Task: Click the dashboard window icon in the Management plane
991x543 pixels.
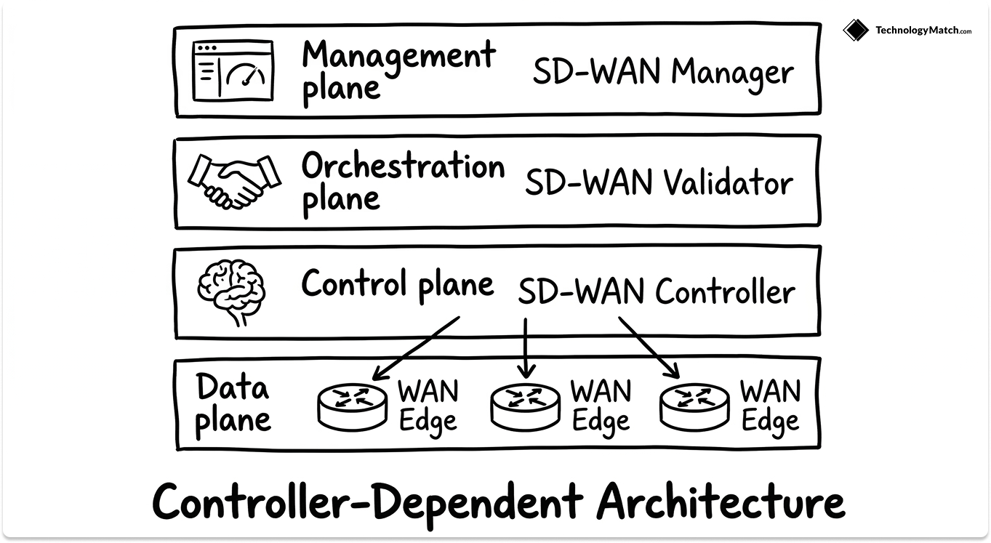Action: pos(233,71)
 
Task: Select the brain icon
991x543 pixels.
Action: pos(232,291)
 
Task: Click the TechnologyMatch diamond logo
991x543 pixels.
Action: pos(856,30)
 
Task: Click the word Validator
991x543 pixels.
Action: pos(726,182)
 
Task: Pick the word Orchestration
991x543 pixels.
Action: pos(403,166)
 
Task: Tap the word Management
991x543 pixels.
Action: pos(398,55)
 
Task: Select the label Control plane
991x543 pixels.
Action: pos(397,283)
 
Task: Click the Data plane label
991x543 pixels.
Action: pos(233,404)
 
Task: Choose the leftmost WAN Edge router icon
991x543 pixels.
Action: pos(353,405)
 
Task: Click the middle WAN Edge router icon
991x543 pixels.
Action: pos(525,405)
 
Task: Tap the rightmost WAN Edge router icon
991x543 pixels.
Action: pos(694,405)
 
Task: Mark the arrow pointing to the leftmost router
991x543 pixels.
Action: pos(415,348)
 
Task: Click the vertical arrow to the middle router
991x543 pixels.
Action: pos(525,348)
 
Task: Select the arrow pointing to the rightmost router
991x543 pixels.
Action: pos(649,347)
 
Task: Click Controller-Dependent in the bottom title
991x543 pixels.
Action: pos(367,502)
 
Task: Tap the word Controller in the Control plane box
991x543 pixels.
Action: pos(725,292)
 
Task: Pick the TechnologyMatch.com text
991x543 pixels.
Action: pos(923,31)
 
